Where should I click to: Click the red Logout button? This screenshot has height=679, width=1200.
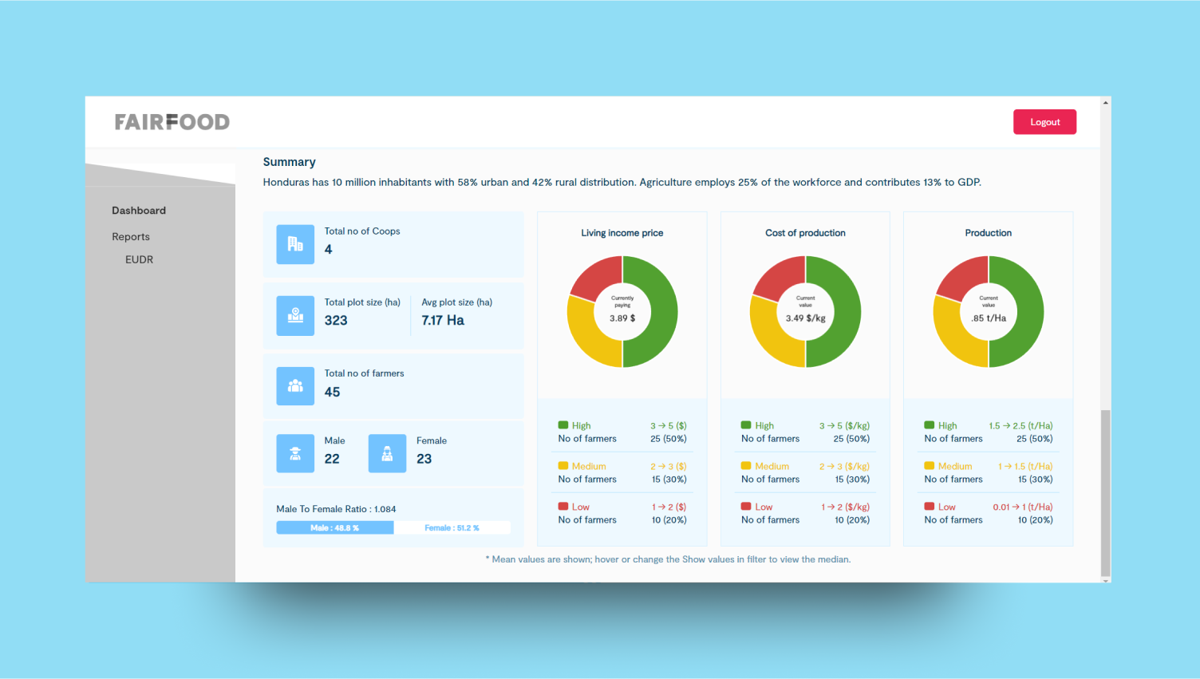pos(1044,122)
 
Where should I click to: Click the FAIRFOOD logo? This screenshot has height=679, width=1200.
pos(172,122)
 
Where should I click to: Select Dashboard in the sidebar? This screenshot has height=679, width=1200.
pos(139,211)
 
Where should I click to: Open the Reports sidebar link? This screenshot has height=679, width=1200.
pos(131,237)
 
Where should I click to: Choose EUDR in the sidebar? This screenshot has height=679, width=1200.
pos(139,259)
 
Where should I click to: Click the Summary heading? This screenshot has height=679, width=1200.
pos(289,162)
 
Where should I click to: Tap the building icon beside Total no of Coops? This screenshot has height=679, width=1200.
pos(295,244)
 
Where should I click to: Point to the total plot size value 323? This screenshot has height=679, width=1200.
pos(336,321)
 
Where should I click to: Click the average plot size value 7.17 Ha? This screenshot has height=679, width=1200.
pos(443,321)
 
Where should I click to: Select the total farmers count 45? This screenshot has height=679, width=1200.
pos(332,392)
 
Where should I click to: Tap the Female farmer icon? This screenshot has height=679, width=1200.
pos(387,453)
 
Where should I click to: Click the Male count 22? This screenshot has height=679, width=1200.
pos(332,459)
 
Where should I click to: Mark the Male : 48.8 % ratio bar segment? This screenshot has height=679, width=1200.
pos(334,528)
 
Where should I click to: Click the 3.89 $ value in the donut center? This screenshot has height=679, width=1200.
pos(622,318)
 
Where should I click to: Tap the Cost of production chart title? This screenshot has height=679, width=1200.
pos(805,233)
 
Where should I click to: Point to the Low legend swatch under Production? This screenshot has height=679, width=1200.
pos(930,507)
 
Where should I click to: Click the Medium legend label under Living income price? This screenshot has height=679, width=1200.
pos(589,466)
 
